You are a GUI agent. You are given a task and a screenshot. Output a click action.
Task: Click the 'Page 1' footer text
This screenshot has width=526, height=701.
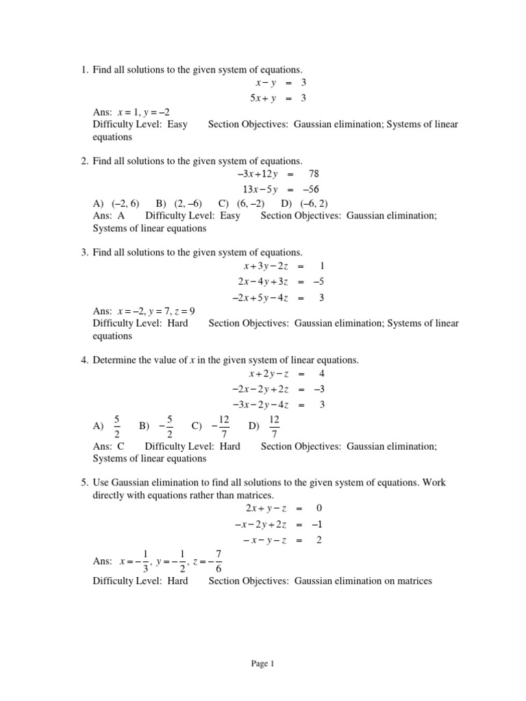(263, 663)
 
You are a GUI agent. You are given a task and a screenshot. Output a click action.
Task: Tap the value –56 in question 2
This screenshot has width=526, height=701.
(309, 190)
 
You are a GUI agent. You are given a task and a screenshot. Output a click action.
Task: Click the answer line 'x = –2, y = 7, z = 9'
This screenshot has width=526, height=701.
(156, 310)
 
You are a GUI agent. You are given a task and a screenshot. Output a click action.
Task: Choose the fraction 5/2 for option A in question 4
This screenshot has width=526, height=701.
(117, 425)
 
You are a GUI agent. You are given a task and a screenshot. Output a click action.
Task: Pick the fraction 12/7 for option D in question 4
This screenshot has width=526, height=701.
(273, 425)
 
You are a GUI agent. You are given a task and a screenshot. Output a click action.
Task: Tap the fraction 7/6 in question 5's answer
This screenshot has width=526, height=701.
(218, 561)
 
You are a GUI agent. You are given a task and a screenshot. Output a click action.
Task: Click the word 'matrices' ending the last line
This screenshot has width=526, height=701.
(414, 581)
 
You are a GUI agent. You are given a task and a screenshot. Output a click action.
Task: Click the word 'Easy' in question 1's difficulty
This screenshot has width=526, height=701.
(177, 124)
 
